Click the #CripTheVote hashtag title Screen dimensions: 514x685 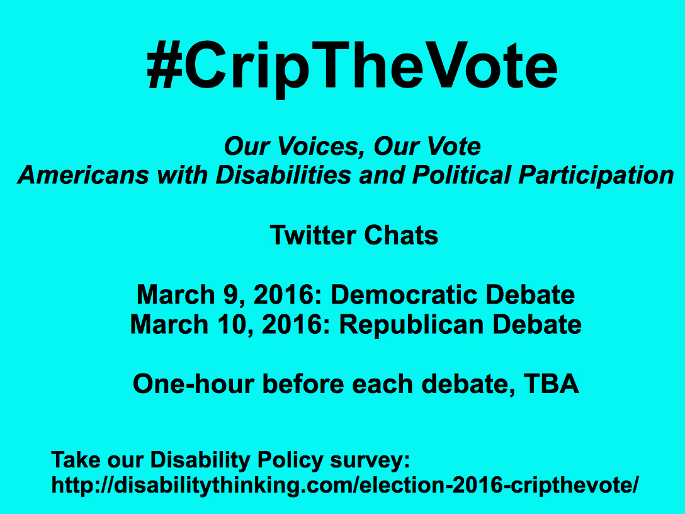(352, 67)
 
